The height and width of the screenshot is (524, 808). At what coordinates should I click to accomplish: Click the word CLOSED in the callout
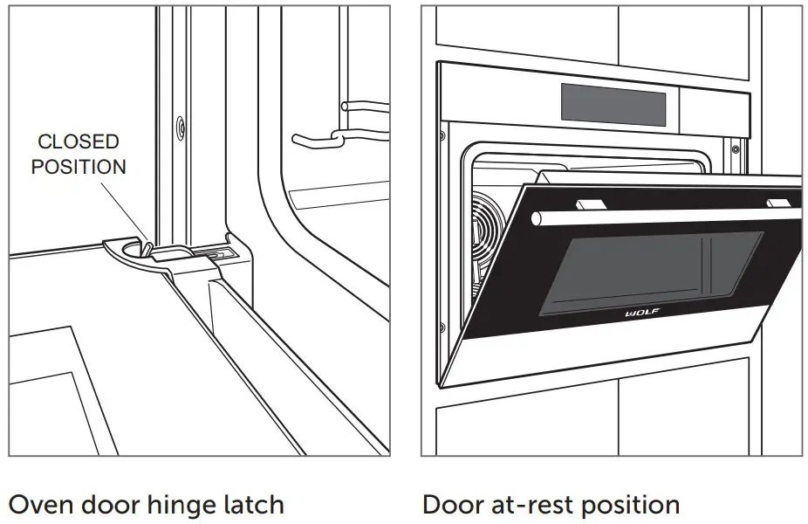coord(79,141)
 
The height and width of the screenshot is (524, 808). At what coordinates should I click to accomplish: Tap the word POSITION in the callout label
coord(79,167)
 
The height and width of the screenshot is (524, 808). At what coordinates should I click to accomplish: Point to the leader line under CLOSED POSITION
coord(131,210)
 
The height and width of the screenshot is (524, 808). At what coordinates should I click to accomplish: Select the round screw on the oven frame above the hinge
coord(180,126)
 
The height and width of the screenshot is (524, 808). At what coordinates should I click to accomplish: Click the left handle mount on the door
coord(590,203)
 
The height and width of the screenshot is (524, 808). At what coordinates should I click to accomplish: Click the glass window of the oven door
coord(650,271)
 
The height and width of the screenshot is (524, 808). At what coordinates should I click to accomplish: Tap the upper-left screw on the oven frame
coord(443,134)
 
